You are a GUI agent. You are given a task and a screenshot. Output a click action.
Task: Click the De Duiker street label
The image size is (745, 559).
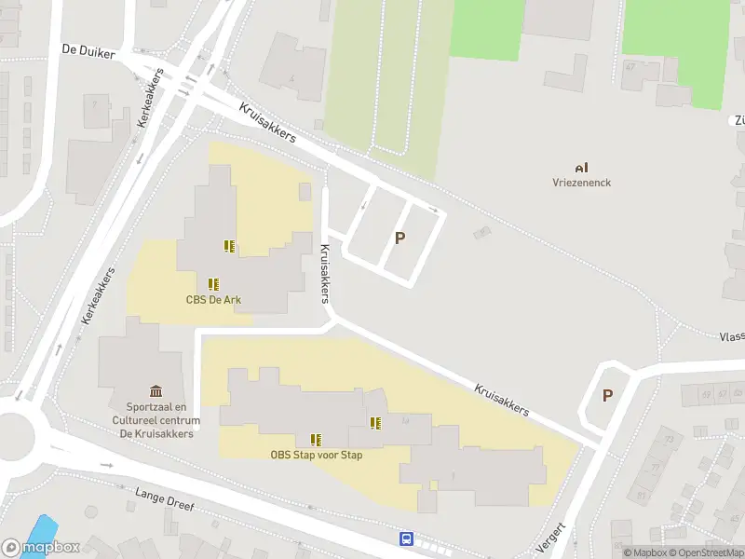click(x=88, y=53)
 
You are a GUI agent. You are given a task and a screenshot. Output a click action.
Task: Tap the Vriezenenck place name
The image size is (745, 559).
click(x=581, y=183)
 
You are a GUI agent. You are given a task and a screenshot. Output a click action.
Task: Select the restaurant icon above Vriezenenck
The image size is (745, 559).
click(x=581, y=168)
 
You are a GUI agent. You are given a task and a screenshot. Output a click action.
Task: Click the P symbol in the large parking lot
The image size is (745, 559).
click(x=400, y=238)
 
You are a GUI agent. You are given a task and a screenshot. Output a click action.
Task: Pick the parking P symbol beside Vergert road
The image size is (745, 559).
click(x=607, y=395)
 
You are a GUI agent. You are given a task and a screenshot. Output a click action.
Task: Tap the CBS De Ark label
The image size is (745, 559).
click(x=212, y=299)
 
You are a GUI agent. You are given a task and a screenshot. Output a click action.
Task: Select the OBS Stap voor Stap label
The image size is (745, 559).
click(x=316, y=455)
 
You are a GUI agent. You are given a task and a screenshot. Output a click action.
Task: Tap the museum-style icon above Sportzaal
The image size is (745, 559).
click(x=155, y=391)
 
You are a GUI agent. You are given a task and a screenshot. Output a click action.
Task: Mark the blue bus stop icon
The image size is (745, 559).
click(x=406, y=539)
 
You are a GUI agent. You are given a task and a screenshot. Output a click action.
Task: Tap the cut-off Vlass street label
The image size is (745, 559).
click(x=731, y=336)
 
